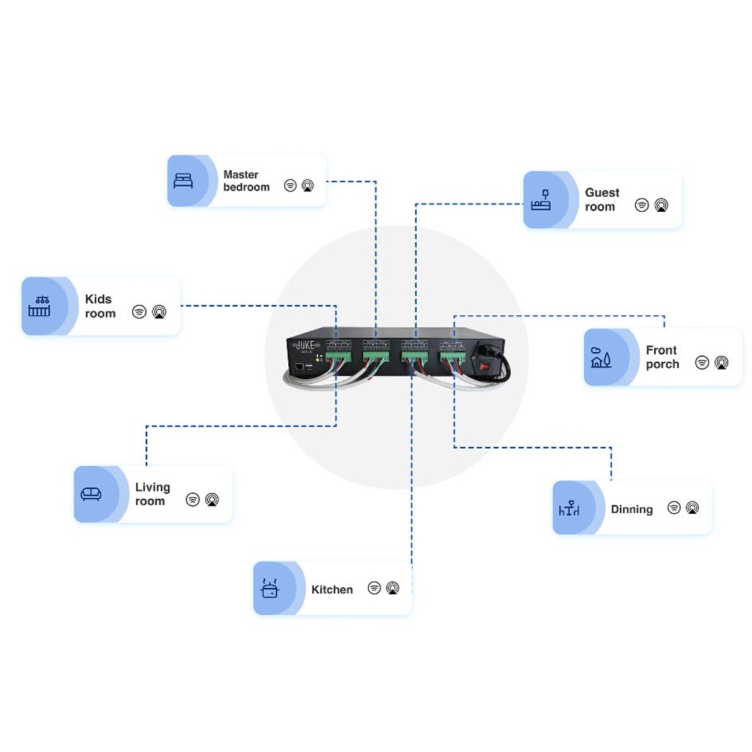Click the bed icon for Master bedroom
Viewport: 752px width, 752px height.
[183, 181]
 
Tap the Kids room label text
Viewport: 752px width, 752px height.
[100, 306]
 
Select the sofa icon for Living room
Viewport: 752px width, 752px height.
[91, 494]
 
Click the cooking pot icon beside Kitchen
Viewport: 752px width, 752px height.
[269, 589]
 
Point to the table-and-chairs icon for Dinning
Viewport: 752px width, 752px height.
[569, 509]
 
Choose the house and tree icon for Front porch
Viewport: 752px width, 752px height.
[600, 358]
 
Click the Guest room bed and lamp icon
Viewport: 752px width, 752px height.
[541, 201]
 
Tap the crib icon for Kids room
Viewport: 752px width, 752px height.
[39, 306]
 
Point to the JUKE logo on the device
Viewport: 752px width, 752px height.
[305, 345]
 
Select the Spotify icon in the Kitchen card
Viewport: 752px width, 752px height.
[374, 588]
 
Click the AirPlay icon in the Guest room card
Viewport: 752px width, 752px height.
[661, 205]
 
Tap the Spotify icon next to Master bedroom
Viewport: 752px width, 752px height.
[290, 185]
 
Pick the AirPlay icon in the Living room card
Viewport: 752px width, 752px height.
[212, 499]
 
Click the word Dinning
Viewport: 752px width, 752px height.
[632, 509]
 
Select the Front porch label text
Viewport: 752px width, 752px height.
[662, 357]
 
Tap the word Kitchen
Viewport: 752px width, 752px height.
[332, 590]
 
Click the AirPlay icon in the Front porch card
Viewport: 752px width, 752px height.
[721, 362]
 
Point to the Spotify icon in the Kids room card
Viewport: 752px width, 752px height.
[139, 311]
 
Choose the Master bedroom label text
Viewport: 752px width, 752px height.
[246, 180]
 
